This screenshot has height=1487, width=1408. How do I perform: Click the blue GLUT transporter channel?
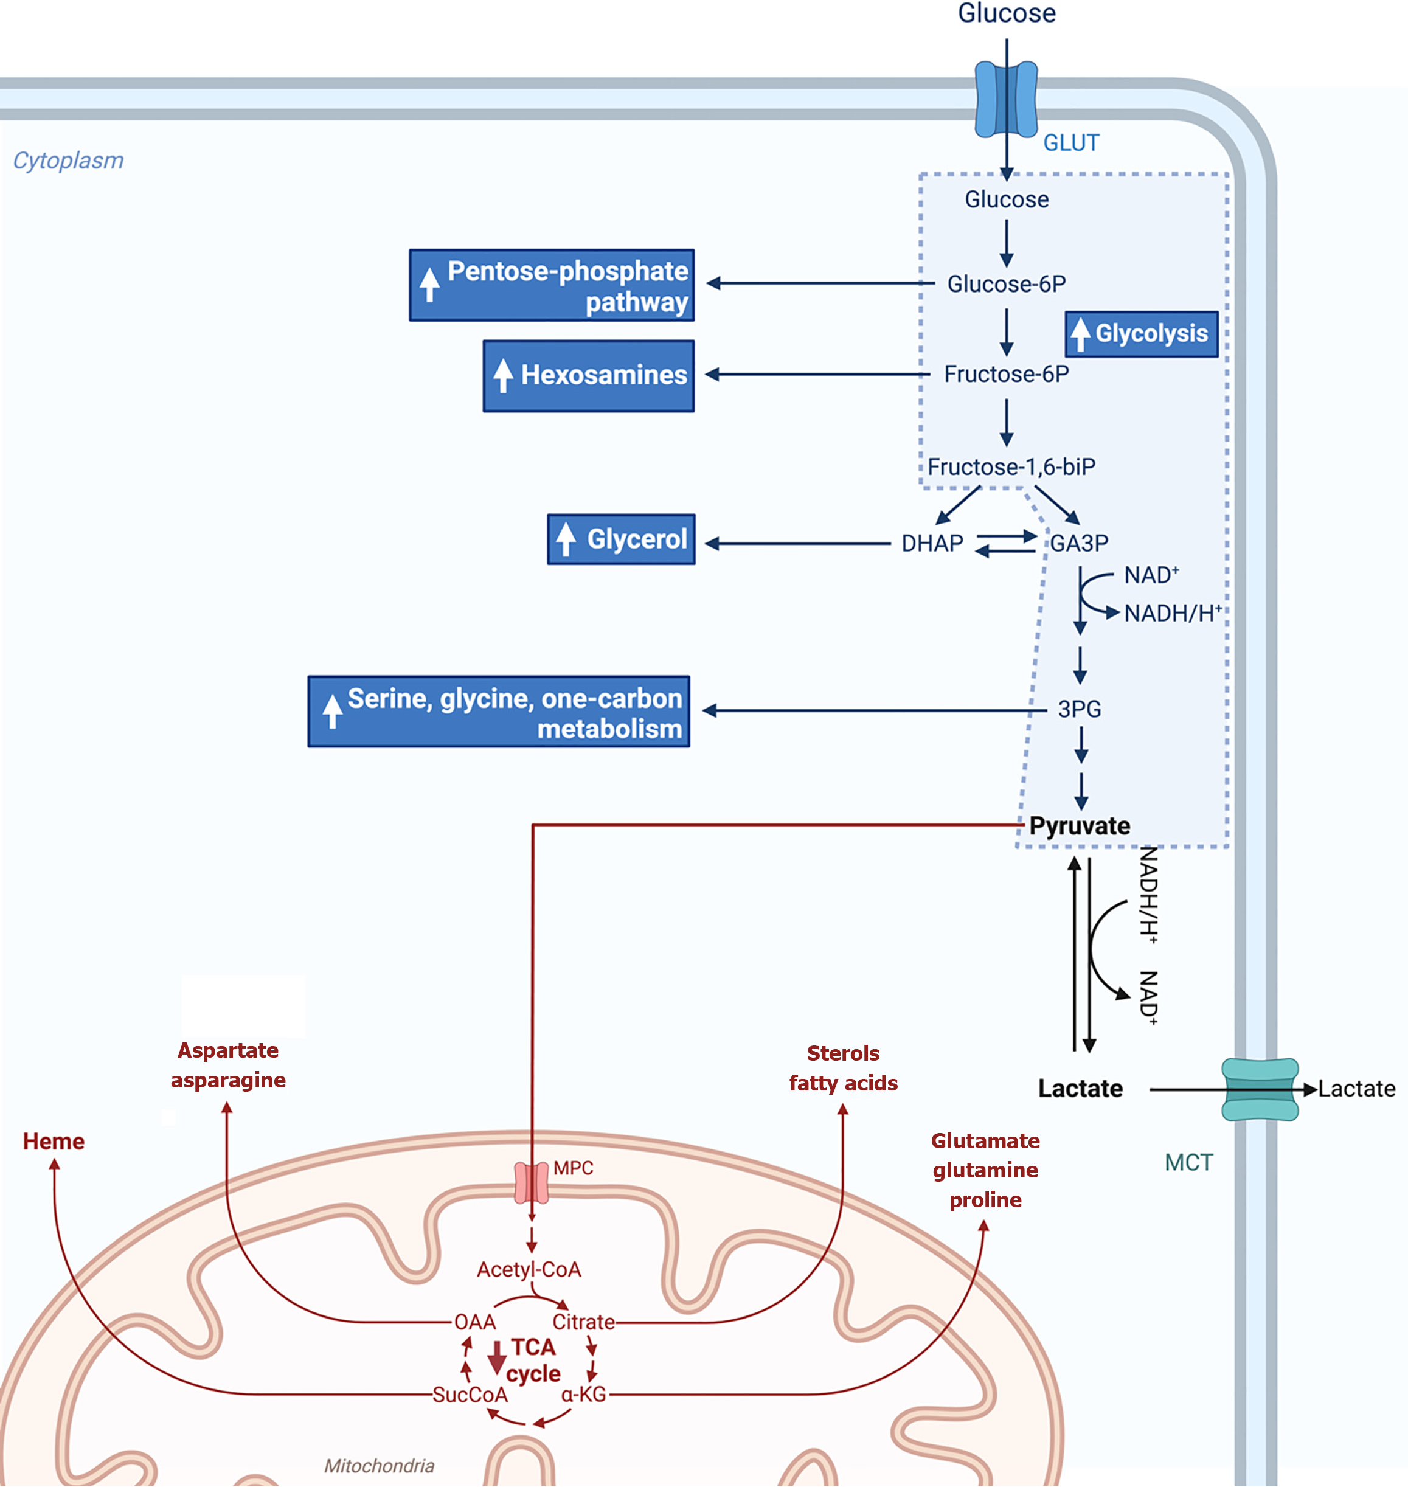tap(1006, 100)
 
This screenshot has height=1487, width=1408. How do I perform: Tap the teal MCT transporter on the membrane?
tap(1260, 1089)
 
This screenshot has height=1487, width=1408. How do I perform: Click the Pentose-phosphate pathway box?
tap(552, 285)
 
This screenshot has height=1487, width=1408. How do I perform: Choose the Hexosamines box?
tap(588, 375)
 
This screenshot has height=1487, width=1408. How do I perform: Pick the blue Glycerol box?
tap(622, 539)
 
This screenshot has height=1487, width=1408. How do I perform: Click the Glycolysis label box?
tap(1142, 334)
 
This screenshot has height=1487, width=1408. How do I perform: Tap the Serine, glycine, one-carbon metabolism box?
tap(499, 712)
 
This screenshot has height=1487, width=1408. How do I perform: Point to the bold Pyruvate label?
tap(1080, 826)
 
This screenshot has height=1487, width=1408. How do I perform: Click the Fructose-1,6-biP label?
tap(1011, 467)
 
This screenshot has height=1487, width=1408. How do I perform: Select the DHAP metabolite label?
tap(932, 544)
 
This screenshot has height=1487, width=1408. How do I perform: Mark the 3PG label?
tap(1080, 709)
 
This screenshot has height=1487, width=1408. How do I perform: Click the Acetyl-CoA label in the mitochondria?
tap(529, 1269)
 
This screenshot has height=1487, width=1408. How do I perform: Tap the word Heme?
tap(54, 1142)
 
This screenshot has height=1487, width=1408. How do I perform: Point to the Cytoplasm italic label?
tap(68, 161)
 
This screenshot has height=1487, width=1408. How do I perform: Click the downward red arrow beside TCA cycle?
tap(496, 1357)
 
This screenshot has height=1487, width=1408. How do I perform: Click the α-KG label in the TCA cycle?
tap(583, 1395)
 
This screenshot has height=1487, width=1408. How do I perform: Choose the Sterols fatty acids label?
tap(843, 1068)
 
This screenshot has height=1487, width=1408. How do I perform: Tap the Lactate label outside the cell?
tap(1357, 1089)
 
